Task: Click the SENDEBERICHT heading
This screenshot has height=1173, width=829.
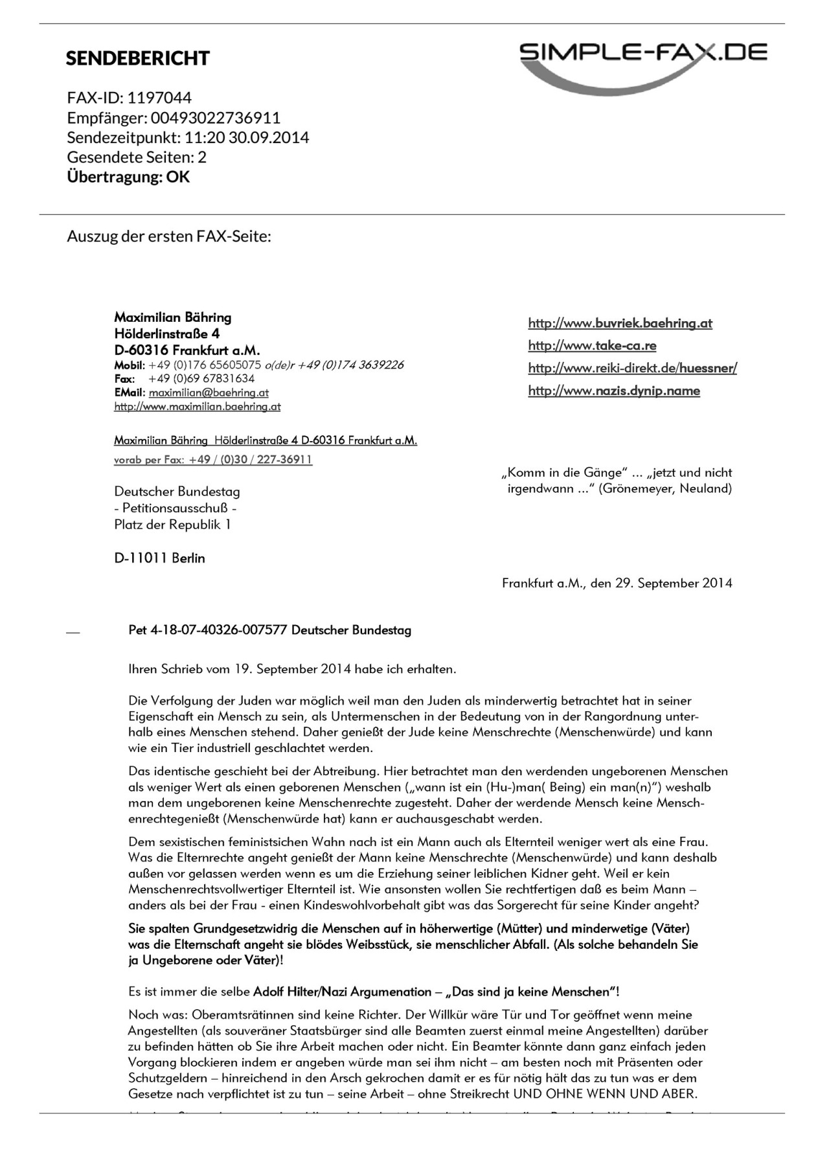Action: pos(137,58)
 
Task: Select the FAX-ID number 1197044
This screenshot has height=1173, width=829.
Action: pos(159,98)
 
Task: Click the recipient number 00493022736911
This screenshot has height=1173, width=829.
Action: pos(216,118)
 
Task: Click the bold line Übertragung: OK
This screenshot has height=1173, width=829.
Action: pos(128,177)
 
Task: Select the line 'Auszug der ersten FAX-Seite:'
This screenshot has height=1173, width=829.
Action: pos(168,236)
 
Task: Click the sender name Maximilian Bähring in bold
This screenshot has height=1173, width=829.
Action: pos(172,317)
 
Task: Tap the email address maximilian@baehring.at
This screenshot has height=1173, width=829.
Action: pos(209,393)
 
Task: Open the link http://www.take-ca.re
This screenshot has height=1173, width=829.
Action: pos(592,345)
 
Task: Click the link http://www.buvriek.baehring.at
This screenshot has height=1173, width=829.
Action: pos(620,323)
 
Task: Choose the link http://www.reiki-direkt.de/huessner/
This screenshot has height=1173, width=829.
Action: pos(632,368)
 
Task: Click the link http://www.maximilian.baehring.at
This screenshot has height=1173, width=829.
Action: pos(197,407)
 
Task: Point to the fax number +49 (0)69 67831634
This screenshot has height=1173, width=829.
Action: pos(201,378)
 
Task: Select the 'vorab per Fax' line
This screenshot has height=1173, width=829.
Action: pos(212,460)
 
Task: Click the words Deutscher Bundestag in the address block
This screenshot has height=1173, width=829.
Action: pos(177,492)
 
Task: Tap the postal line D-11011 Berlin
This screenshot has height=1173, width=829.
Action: pos(159,558)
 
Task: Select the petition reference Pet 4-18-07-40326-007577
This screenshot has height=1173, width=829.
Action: pos(207,630)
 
